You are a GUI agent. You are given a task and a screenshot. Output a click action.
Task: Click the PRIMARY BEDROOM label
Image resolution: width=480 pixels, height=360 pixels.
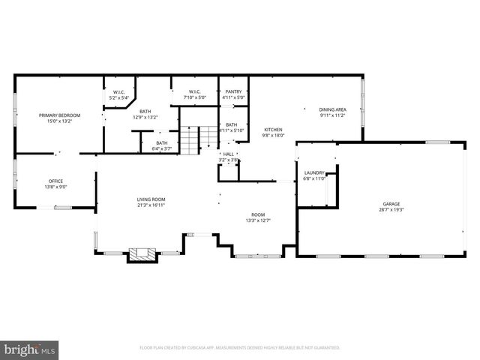click(x=59, y=115)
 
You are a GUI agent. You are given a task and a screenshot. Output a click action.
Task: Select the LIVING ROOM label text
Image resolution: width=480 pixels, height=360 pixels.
click(x=150, y=199)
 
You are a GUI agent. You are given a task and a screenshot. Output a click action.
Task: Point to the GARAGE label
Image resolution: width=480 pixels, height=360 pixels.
click(x=391, y=204)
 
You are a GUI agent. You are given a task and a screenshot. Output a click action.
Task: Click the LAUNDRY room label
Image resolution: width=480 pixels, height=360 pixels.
click(x=313, y=173)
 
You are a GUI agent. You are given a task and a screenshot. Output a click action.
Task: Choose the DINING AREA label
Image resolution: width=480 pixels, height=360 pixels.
click(x=332, y=109)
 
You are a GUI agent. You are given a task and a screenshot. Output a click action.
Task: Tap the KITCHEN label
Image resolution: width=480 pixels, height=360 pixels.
click(x=272, y=130)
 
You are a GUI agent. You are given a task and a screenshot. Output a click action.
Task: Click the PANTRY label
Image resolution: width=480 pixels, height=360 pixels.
click(x=233, y=91)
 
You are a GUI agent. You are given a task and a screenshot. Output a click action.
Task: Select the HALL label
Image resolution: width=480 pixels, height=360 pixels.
click(x=228, y=154)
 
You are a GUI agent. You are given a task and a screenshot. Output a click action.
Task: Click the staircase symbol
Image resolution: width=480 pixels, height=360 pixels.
click(x=191, y=140)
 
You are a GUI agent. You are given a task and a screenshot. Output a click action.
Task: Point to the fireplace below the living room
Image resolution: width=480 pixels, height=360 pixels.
click(x=141, y=254)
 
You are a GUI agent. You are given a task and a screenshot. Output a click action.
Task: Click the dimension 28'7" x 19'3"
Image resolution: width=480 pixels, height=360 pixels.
click(x=391, y=210)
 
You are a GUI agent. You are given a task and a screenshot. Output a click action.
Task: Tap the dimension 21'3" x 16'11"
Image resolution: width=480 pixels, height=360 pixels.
click(x=150, y=205)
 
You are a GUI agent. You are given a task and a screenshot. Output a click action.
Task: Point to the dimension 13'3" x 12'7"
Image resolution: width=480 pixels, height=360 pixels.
click(x=258, y=220)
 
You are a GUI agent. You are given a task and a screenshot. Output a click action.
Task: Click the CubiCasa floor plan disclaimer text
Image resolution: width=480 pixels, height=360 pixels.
click(x=240, y=348)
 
